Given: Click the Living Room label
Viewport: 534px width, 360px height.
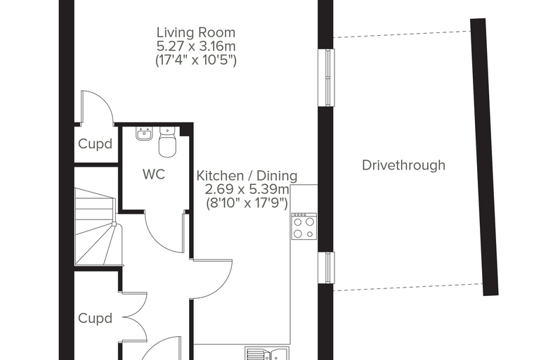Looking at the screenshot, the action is pos(196,33).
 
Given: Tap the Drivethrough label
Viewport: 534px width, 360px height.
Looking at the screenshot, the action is pos(403,165).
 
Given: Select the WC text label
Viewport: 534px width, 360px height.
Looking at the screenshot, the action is pos(154,174).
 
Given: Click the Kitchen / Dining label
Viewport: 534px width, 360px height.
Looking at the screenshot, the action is pos(247,176).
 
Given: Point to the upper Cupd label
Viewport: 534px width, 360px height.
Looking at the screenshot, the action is pos(95,144).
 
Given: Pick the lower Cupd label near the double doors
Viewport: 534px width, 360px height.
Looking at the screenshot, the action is pos(95,319).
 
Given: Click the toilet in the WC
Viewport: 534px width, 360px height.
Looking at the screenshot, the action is pos(167,142).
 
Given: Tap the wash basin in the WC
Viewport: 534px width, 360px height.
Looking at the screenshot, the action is pos(144,134).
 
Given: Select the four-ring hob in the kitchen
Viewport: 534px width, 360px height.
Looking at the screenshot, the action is pos(304,226).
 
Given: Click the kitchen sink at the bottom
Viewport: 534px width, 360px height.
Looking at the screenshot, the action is pos(267,354).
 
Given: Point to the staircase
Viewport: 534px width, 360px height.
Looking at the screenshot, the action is pos(96,226).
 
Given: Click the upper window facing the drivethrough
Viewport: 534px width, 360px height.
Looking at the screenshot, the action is pos(326,77).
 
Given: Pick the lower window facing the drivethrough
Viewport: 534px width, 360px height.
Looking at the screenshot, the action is pos(326,268).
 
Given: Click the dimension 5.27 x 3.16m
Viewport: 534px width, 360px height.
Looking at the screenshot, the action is pos(196,46).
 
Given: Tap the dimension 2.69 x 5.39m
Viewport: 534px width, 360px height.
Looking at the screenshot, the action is pos(247,189).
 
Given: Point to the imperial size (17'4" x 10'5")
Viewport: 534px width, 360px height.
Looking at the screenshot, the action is pos(196,60).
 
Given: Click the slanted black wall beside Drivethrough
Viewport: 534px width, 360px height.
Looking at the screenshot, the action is pos(484,157).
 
